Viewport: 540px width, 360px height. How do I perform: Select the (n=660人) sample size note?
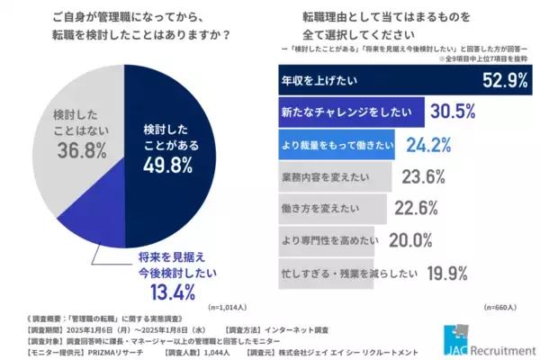pos(499,306)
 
